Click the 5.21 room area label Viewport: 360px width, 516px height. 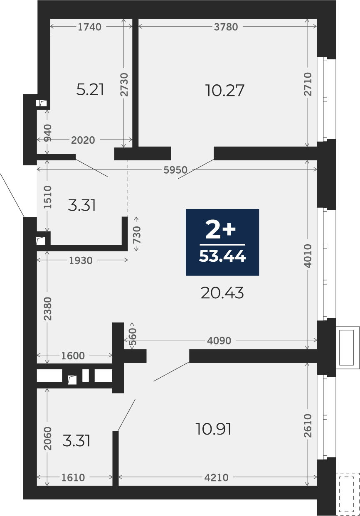tap(90, 90)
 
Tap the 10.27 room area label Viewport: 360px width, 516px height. tap(225, 90)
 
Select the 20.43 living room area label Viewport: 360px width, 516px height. tap(222, 293)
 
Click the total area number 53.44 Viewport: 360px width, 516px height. tap(222, 256)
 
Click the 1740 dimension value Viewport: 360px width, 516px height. tap(90, 27)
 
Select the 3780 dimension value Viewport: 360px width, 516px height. tap(226, 27)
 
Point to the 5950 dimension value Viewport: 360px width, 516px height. tap(175, 170)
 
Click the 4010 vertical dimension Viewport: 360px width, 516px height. tap(308, 256)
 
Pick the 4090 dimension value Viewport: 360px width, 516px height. tap(219, 341)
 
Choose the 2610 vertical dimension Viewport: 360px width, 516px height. tap(308, 425)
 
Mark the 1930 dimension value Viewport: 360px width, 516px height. tap(81, 260)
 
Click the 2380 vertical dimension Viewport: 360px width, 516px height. tap(48, 309)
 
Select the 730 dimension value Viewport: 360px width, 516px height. tap(137, 234)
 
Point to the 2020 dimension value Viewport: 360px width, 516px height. tap(83, 140)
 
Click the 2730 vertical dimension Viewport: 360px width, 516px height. tap(124, 84)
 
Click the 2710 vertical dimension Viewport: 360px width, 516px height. tap(308, 84)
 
